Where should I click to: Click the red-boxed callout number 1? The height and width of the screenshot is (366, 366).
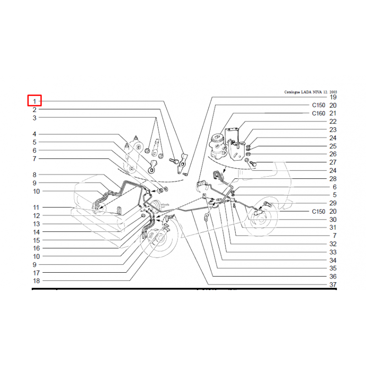35,101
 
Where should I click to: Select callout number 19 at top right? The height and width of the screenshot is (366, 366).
333,97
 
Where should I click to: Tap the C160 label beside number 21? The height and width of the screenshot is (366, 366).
318,113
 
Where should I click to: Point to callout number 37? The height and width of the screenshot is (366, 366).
333,285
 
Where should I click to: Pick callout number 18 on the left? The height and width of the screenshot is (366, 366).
37,281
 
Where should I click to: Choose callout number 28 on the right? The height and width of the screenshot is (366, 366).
333,179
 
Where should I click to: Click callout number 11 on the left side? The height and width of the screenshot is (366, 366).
36,208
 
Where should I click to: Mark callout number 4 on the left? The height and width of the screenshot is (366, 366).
35,134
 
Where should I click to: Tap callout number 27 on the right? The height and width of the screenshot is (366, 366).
333,162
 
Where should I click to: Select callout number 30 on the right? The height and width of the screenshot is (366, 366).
333,220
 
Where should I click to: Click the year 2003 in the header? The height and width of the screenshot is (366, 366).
334,92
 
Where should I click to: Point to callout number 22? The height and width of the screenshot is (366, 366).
333,122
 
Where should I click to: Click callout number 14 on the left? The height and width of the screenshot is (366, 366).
37,232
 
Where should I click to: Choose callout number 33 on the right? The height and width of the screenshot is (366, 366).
333,252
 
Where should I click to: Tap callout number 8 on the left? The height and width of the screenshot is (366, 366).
35,175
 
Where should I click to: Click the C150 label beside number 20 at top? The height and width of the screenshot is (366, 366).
318,105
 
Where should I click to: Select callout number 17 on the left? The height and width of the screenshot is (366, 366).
37,273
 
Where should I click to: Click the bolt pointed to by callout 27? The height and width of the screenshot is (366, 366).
253,164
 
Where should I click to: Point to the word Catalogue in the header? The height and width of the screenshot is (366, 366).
292,92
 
